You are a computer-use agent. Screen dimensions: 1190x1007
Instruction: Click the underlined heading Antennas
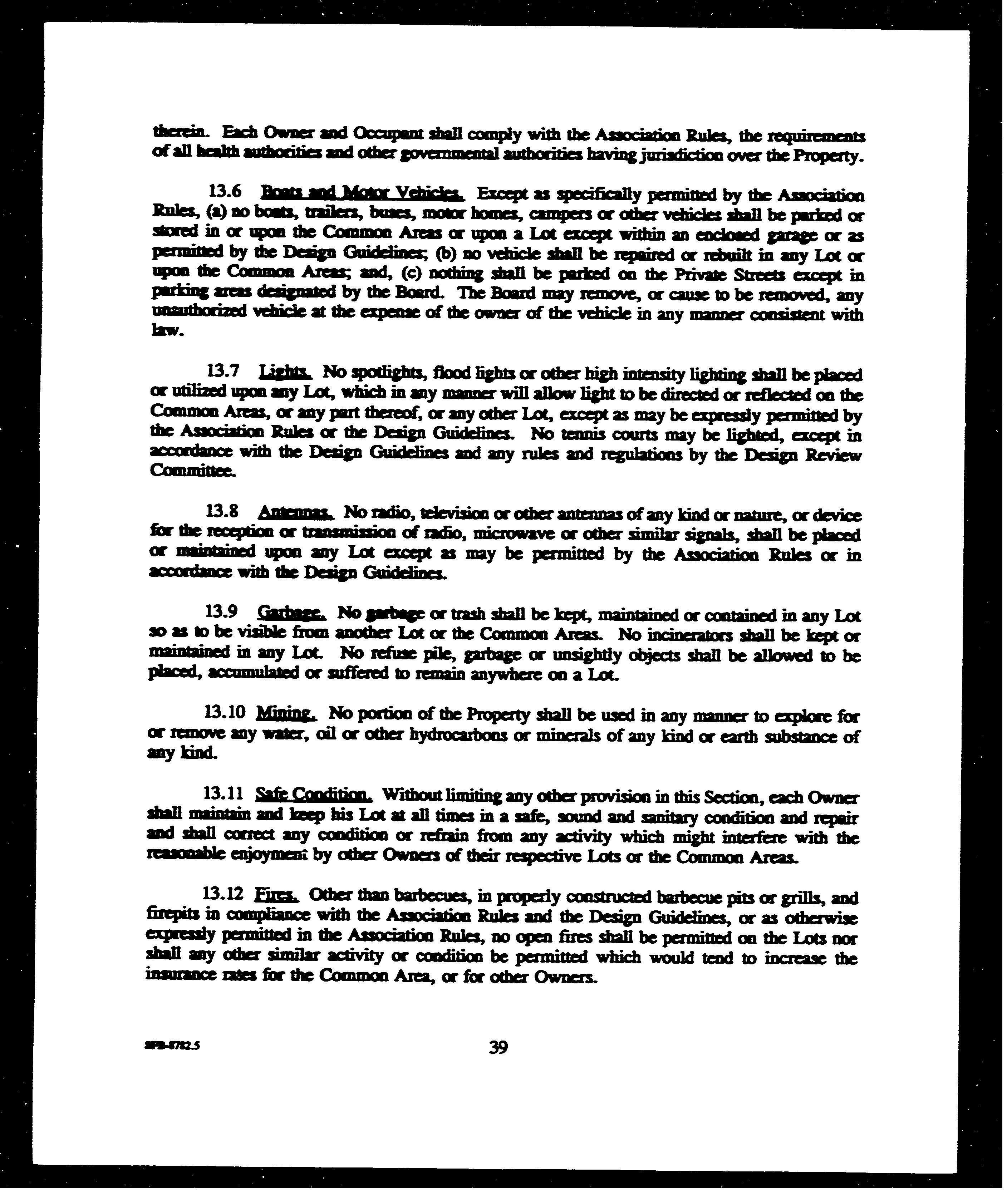click(x=295, y=512)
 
